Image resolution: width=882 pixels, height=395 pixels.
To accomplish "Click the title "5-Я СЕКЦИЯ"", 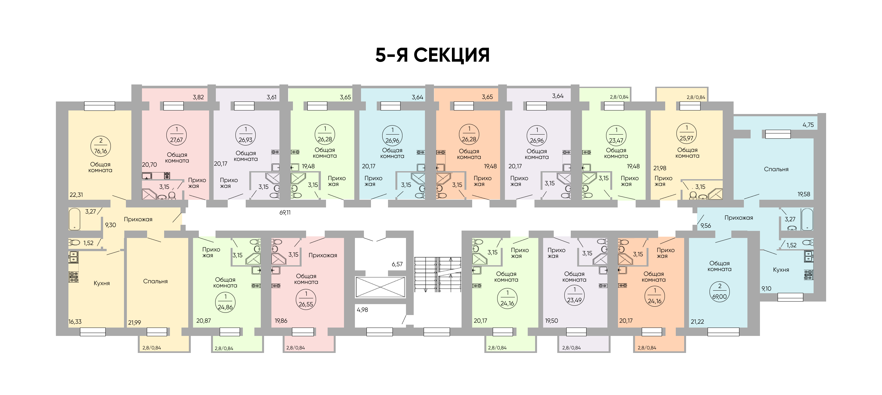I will [432, 55].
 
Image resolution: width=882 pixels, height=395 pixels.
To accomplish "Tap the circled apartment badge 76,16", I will [101, 146].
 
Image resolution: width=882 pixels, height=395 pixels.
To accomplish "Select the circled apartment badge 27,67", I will [176, 135].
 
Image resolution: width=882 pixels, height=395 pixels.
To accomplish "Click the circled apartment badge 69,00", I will [719, 292].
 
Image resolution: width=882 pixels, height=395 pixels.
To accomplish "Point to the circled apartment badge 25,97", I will [686, 134].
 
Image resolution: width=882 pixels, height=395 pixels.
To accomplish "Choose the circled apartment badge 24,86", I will [225, 302].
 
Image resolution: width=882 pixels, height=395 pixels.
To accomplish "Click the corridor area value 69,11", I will [285, 213].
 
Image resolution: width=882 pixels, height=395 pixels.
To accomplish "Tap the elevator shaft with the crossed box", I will [380, 287].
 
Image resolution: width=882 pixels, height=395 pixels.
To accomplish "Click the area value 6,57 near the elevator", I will [397, 264].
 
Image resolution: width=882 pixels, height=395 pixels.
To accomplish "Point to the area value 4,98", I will [362, 310].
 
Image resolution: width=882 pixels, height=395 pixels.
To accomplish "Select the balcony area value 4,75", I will [808, 125].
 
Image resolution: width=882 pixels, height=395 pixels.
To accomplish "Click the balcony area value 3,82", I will [198, 97].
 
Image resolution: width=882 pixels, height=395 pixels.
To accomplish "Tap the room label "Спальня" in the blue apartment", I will [776, 169].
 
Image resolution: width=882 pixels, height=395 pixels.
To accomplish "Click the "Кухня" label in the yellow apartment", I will [102, 283].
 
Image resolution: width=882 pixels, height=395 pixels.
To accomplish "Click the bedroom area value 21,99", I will [135, 322].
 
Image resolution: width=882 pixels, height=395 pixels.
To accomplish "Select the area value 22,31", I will [76, 195].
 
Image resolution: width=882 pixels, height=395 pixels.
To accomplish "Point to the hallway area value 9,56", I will [705, 225].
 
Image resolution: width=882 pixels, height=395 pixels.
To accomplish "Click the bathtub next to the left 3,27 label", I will [75, 219].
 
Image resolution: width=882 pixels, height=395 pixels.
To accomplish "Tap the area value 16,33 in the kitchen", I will [75, 322].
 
